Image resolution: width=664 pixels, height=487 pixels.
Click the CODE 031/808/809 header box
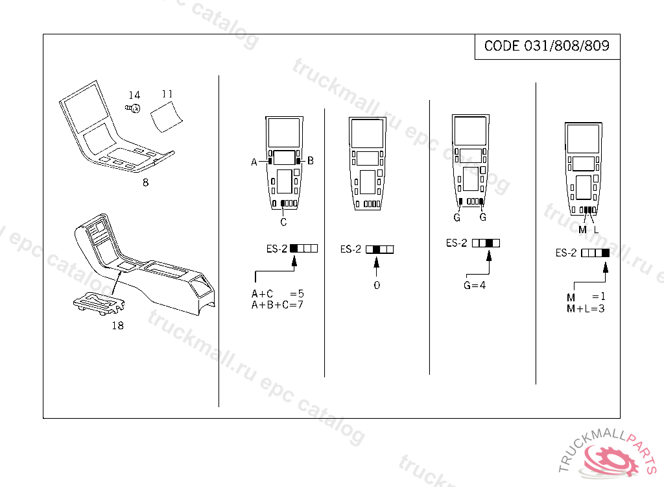[547, 47]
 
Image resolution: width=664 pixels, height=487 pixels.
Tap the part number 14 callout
[134, 95]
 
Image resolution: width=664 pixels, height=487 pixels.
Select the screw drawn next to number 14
[133, 108]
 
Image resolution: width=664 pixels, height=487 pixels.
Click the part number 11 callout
[167, 94]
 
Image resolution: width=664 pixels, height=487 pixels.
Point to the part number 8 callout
[145, 182]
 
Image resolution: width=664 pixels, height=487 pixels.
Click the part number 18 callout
[118, 325]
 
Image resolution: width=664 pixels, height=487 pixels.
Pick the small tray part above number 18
[99, 303]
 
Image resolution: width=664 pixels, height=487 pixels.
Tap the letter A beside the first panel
[254, 162]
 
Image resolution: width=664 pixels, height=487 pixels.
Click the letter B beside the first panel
[311, 160]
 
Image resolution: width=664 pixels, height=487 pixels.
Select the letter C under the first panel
[283, 222]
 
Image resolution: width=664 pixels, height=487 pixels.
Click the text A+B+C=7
[278, 305]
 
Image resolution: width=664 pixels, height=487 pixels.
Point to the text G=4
[475, 286]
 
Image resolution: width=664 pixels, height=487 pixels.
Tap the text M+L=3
[586, 308]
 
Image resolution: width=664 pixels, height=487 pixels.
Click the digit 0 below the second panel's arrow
[377, 285]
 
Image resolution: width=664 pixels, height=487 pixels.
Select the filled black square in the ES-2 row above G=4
[489, 243]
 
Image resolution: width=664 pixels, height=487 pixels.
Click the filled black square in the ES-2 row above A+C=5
[294, 249]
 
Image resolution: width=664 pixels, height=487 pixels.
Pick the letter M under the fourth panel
[583, 229]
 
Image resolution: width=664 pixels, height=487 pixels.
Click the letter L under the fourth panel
[597, 229]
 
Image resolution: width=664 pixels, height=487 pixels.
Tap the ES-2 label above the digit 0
[351, 249]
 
